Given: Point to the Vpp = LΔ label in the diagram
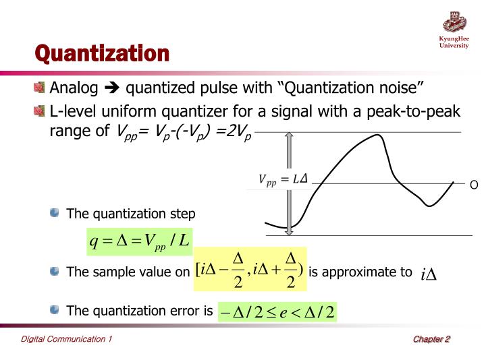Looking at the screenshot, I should (x=283, y=179).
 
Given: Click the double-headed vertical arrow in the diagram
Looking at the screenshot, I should (x=289, y=183).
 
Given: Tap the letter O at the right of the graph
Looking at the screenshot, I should (x=473, y=185).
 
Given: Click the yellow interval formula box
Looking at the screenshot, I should (x=250, y=269).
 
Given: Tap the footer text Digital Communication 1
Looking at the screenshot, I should (x=66, y=339).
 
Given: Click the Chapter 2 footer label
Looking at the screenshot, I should (x=431, y=339).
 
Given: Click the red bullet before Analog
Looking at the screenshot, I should (x=40, y=88).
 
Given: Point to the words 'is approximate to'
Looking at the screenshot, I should (x=360, y=272).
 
